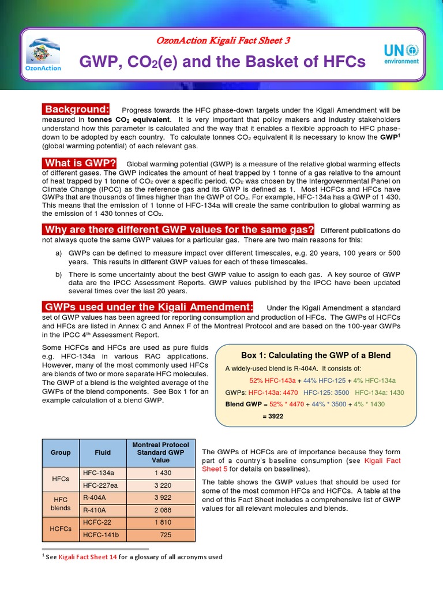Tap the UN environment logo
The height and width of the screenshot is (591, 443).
(x=401, y=57)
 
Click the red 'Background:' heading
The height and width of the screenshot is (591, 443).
(x=77, y=109)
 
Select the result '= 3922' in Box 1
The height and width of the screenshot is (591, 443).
(x=273, y=416)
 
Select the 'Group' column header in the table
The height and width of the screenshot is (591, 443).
(x=61, y=452)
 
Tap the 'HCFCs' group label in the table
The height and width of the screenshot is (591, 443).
(x=61, y=529)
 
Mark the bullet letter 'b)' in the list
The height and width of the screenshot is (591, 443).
(x=59, y=274)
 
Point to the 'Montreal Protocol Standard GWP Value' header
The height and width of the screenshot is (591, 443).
(x=160, y=452)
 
